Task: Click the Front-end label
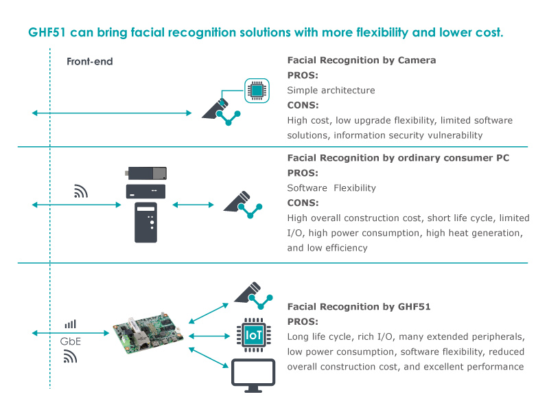pos(89,62)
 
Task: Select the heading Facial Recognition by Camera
pos(361,60)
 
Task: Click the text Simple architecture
pos(331,90)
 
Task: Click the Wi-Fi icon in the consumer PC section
pos(81,192)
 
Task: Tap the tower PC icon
pos(147,222)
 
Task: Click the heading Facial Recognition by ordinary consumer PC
pos(398,158)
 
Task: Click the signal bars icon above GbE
pos(70,323)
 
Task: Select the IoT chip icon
pos(251,334)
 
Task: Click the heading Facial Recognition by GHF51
pos(358,307)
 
